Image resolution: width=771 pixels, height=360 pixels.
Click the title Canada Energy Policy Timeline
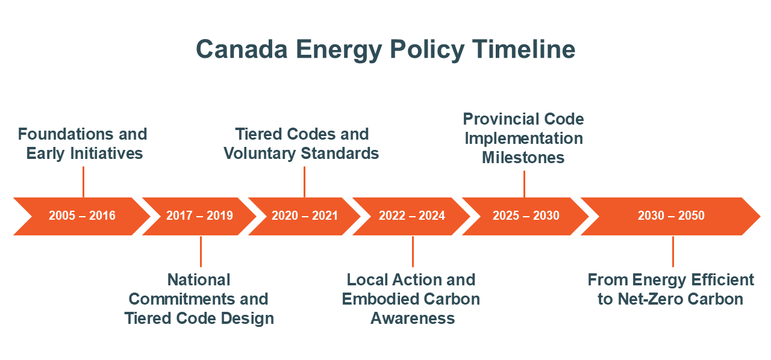pos(385,49)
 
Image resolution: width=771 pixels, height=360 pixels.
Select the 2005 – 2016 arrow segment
pos(82,216)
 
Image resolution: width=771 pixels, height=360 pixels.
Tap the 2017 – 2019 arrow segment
pos(199,216)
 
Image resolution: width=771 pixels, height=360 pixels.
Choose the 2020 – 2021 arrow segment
pos(304,216)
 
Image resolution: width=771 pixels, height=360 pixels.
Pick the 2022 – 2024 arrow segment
pos(411,216)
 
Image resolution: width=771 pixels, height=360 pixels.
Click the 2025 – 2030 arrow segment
pos(525,216)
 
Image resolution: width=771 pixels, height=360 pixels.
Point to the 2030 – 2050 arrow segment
pos(670,216)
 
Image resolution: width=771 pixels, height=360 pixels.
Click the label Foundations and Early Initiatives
pos(83,143)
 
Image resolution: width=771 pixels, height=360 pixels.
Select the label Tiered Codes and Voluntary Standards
pos(302,143)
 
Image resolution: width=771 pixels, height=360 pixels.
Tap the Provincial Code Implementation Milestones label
pos(523,138)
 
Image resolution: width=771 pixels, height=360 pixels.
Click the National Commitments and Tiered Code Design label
pos(199,299)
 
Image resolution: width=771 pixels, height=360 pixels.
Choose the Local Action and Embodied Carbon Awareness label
pos(411,299)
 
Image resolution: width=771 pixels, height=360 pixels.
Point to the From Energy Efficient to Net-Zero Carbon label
pos(670,289)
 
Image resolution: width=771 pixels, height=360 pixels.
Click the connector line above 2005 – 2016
pos(83,181)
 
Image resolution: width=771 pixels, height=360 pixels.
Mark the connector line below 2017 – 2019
pos(201,251)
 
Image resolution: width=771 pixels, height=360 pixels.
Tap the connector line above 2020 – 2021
pos(304,181)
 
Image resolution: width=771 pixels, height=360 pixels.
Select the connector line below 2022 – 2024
pos(413,251)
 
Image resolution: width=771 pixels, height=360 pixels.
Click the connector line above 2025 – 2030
pos(524,184)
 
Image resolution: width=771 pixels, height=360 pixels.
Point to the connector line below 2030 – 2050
pos(673,251)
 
